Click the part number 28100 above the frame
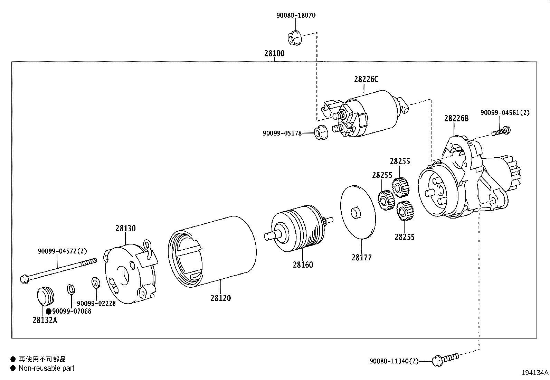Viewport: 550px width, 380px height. [x=274, y=53]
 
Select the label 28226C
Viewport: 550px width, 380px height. [x=366, y=79]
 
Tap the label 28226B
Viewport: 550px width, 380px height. [x=456, y=119]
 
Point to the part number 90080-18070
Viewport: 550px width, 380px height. [x=296, y=15]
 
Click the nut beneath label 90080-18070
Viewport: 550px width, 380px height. [x=295, y=38]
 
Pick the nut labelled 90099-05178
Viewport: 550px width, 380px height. [x=321, y=132]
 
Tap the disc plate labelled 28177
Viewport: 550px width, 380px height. [x=358, y=212]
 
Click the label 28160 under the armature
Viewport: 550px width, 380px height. [x=303, y=265]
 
